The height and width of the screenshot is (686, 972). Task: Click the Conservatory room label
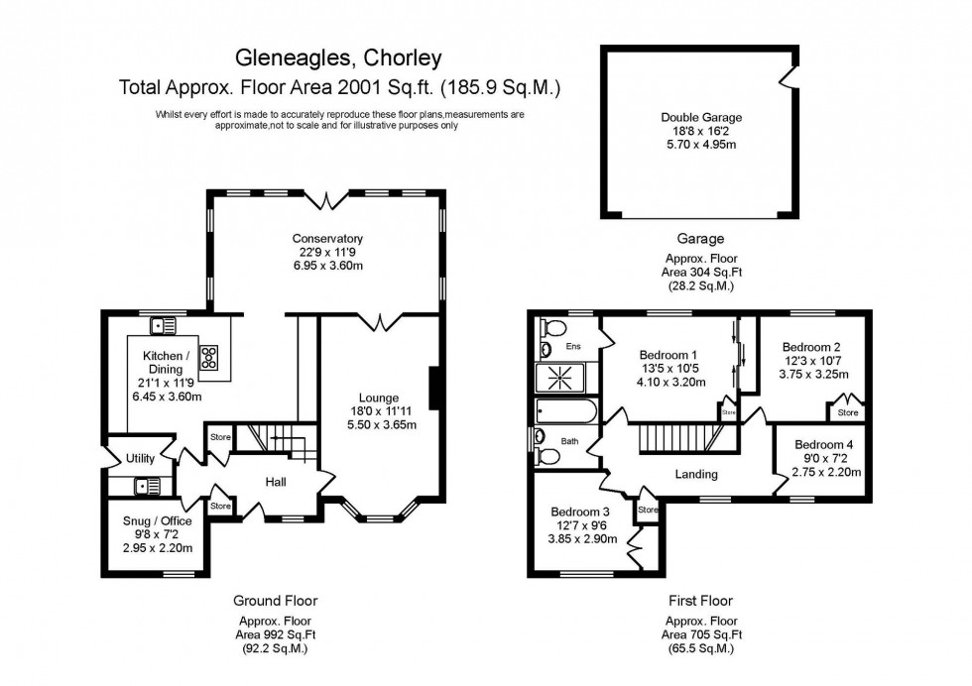pyautogui.click(x=327, y=239)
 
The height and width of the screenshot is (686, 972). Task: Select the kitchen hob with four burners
pyautogui.click(x=209, y=357)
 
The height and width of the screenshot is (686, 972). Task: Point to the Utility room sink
pyautogui.click(x=147, y=486)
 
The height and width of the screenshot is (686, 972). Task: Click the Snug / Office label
pyautogui.click(x=157, y=520)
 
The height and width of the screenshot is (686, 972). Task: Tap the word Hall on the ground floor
pyautogui.click(x=276, y=482)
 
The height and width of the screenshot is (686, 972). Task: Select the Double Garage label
pyautogui.click(x=701, y=117)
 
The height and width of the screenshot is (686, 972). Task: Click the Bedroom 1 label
pyautogui.click(x=668, y=355)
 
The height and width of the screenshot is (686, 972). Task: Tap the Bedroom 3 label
pyautogui.click(x=581, y=513)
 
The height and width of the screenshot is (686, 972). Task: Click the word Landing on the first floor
pyautogui.click(x=696, y=474)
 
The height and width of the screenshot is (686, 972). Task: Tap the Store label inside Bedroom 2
pyautogui.click(x=848, y=412)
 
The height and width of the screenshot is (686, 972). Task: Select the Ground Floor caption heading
pyautogui.click(x=276, y=601)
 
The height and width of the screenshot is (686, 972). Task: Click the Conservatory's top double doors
pyautogui.click(x=323, y=201)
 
